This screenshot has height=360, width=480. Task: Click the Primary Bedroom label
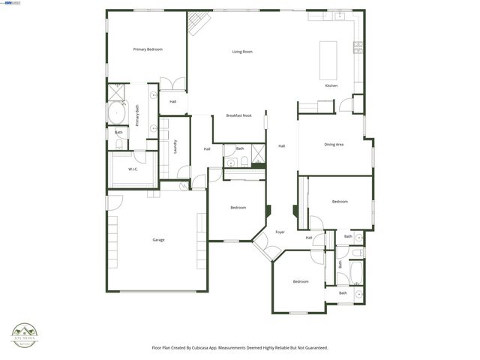tap(148, 49)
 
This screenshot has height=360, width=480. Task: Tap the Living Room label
tap(241, 52)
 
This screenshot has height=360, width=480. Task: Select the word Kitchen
tap(331, 85)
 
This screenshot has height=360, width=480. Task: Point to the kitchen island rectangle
tap(328, 60)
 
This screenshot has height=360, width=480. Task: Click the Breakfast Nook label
tap(238, 115)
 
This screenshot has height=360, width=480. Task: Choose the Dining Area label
tap(334, 144)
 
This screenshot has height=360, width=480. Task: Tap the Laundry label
tap(175, 146)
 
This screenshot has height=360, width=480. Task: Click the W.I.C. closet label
tap(133, 169)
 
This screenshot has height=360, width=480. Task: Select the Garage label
tap(158, 240)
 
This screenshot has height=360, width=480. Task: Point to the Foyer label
tap(280, 232)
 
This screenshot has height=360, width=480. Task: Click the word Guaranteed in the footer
tap(314, 348)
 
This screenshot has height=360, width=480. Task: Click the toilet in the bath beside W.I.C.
tap(118, 144)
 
